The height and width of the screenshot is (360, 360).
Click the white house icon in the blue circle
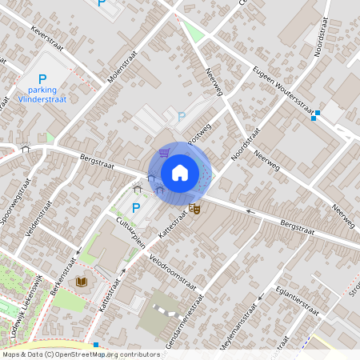(x=180, y=172)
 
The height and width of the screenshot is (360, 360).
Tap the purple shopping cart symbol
(x=164, y=152)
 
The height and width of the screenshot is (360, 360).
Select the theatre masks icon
(x=194, y=209)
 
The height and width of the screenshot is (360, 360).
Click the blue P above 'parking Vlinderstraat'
(x=42, y=79)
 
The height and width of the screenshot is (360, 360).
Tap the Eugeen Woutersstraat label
(x=282, y=89)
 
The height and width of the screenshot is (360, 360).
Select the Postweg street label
(x=198, y=134)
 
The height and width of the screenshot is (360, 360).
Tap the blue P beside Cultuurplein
(x=135, y=209)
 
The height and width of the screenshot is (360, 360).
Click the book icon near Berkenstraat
(x=81, y=282)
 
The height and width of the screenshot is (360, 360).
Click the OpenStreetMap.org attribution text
(x=106, y=354)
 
